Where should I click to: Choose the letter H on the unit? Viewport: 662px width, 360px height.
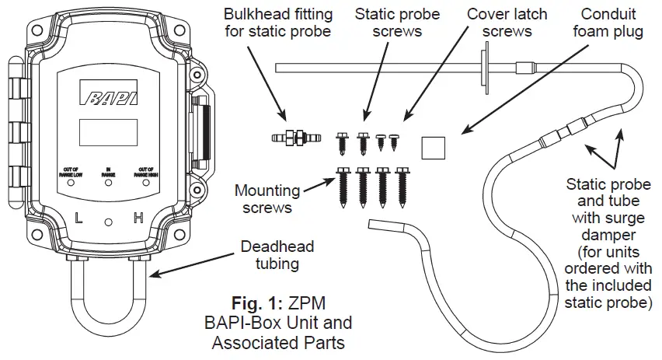[139, 218]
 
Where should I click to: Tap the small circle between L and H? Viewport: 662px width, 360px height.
[109, 222]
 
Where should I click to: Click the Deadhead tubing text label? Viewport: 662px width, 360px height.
[277, 256]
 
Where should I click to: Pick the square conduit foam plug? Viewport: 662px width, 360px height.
[434, 145]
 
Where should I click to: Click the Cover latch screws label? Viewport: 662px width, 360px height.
[507, 23]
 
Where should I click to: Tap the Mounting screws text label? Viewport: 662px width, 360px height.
[267, 198]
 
